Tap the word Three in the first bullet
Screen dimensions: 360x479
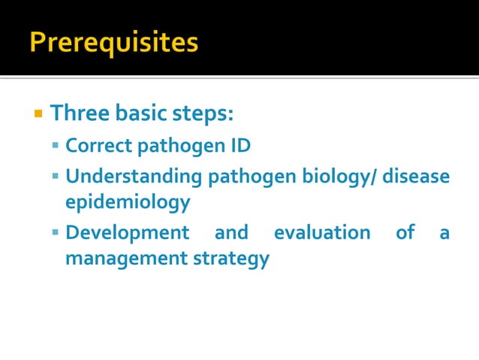pos(78,114)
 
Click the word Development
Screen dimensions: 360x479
pos(127,233)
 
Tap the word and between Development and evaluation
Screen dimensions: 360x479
pos(230,233)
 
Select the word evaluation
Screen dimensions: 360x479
pos(321,233)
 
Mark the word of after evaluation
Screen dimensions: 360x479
pos(405,233)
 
